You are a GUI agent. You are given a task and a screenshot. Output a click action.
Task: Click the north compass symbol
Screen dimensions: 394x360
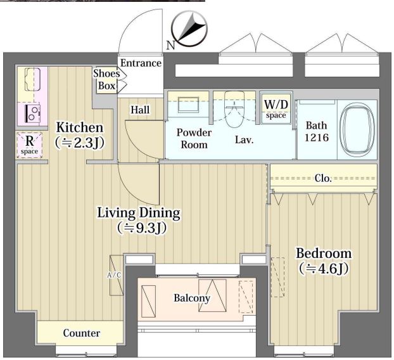(189, 30)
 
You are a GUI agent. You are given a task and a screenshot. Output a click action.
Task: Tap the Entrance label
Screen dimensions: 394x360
(141, 63)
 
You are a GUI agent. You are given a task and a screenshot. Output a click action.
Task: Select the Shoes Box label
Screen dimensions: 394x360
(106, 79)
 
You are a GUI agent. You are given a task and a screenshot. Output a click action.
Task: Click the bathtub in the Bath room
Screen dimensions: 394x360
(357, 130)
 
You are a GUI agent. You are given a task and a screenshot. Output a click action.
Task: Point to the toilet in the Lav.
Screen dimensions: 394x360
(234, 110)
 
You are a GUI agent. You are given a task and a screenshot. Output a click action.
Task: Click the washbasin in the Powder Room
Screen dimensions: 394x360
(189, 105)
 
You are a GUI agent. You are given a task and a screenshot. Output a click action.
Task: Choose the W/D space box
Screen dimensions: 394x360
(276, 108)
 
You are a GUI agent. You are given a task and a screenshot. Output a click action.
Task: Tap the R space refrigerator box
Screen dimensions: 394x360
(30, 145)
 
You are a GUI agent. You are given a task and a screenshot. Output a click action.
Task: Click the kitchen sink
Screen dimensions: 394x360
(33, 79)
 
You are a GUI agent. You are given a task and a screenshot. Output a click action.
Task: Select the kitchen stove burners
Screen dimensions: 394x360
(32, 113)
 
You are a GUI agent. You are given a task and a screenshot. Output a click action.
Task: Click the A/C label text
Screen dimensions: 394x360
(114, 275)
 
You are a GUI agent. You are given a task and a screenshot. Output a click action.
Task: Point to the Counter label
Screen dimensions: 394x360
(82, 333)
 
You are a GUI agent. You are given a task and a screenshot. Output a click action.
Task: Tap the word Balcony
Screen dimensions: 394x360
(192, 298)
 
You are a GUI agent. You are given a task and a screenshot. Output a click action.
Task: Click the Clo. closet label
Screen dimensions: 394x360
(323, 179)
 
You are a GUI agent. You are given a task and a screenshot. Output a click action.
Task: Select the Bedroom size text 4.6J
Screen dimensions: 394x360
(324, 269)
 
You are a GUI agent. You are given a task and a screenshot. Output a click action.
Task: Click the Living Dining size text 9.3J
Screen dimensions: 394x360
(142, 228)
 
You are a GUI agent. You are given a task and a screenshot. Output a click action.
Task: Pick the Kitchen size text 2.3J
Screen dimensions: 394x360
(79, 143)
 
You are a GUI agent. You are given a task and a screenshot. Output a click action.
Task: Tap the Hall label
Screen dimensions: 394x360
(140, 110)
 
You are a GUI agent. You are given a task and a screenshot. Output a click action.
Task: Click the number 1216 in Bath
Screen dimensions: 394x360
(317, 138)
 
